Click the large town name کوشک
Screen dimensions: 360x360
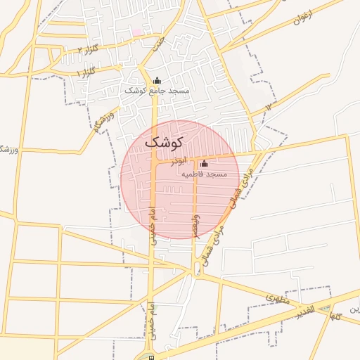click(x=163, y=141)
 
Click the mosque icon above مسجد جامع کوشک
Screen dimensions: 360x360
click(x=156, y=80)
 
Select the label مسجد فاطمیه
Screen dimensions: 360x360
click(x=204, y=174)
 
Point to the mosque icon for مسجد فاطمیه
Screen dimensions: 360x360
click(x=204, y=164)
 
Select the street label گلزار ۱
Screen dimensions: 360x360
click(x=83, y=72)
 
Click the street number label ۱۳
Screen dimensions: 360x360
click(x=271, y=106)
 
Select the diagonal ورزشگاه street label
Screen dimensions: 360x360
click(x=104, y=120)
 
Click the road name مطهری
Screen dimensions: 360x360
click(x=277, y=299)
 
